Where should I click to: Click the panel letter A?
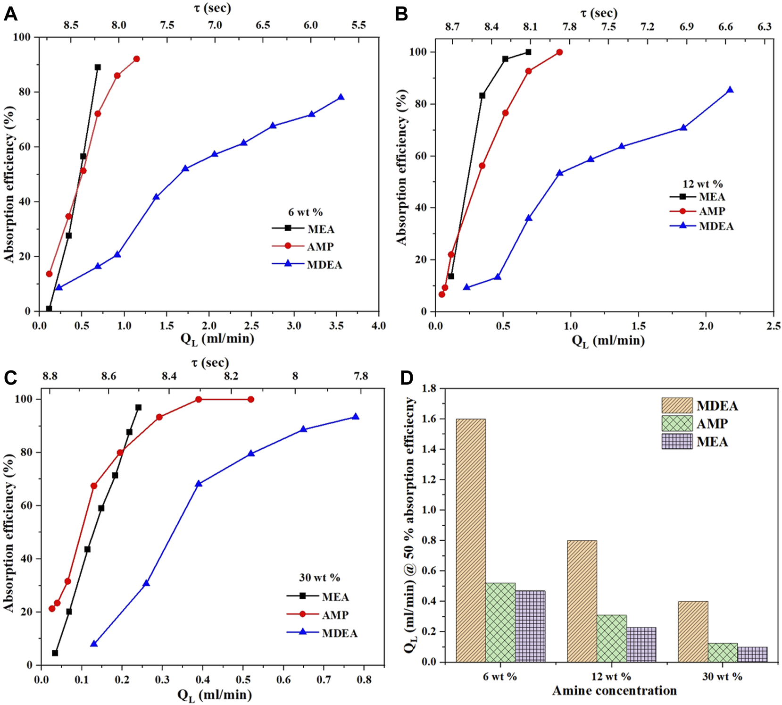coord(10,15)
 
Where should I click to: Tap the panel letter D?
coord(407,378)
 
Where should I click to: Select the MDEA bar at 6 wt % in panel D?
coord(471,540)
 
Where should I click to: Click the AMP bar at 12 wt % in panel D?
coord(612,638)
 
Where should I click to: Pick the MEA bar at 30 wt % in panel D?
coord(752,654)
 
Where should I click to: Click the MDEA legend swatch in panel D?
coord(677,405)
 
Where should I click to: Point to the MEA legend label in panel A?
coord(321,229)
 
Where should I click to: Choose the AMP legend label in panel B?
coord(712,211)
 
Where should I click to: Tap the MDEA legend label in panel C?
coord(340,633)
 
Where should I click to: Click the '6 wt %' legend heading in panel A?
coord(306,212)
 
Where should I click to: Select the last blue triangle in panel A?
coord(341,97)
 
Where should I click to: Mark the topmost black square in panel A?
coord(98,67)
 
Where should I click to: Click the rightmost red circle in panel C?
coord(251,399)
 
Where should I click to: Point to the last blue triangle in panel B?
coord(730,90)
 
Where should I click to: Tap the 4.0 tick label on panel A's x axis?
coord(379,326)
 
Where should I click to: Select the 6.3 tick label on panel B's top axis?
coord(765,26)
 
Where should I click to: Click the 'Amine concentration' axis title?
coord(615,691)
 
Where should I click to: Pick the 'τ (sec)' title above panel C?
coord(210,363)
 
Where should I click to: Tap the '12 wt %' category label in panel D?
coord(611,677)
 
